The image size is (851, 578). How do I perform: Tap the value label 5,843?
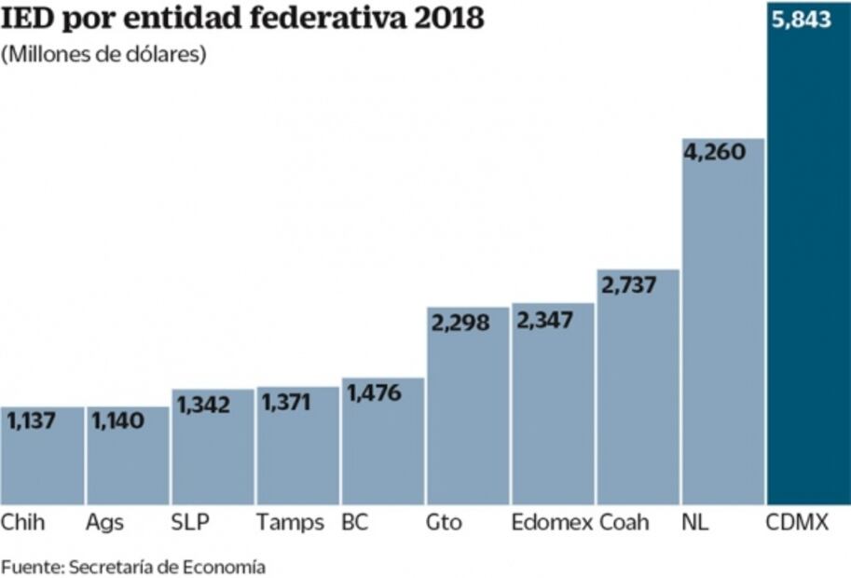click(801, 19)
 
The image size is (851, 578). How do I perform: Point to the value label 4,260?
click(715, 151)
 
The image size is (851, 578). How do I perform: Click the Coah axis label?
click(624, 523)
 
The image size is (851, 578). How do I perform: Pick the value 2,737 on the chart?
click(629, 284)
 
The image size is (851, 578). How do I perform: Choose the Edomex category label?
click(552, 523)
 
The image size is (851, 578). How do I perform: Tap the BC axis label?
click(354, 523)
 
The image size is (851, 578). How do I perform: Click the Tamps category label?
click(290, 523)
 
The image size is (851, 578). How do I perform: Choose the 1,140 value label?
click(117, 421)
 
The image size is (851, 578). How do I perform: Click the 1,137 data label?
click(32, 421)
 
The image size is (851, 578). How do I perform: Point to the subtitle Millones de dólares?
click(103, 54)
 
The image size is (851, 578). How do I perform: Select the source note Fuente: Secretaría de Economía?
click(133, 566)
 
